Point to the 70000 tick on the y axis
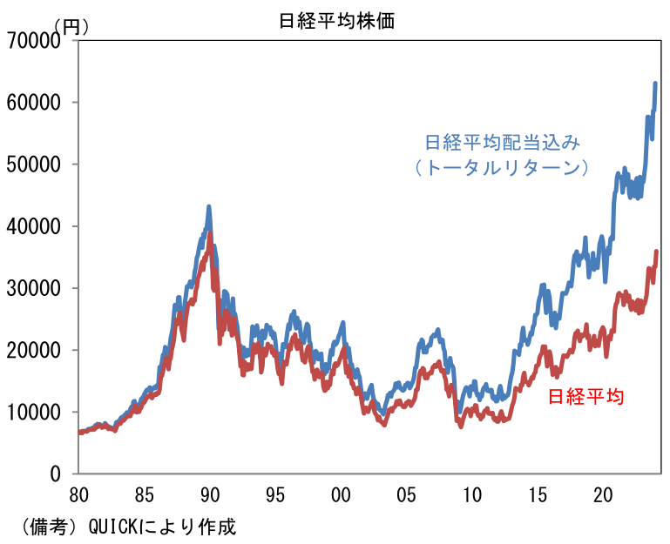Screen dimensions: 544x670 (x=36, y=40)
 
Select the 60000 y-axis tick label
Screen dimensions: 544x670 (x=36, y=103)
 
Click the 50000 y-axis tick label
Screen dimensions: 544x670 (x=36, y=165)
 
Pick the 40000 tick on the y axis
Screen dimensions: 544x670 (x=36, y=226)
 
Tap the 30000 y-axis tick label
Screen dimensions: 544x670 (x=36, y=288)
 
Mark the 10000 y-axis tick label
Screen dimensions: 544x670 (x=36, y=412)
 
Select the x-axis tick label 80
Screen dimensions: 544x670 (x=79, y=495)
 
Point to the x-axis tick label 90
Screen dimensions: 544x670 (x=210, y=495)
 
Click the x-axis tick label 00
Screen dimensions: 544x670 (x=341, y=495)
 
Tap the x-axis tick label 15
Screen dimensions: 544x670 (x=538, y=495)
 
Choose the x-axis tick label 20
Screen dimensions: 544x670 (x=603, y=495)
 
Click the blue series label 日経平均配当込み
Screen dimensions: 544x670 (x=501, y=141)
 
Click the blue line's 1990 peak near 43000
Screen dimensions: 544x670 (x=209, y=207)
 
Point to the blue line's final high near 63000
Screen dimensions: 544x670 (x=655, y=84)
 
